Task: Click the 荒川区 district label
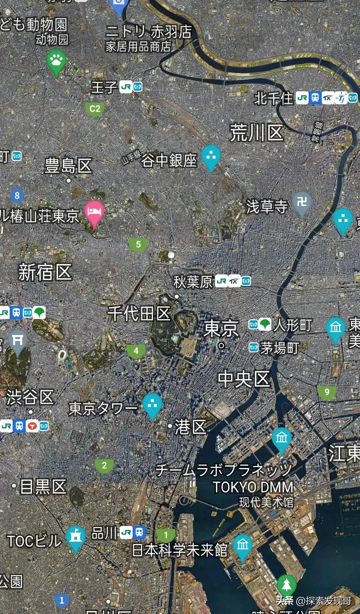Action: [257, 133]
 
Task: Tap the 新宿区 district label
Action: [45, 272]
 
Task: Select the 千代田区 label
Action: [139, 313]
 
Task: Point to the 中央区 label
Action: [244, 379]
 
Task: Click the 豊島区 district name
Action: [68, 166]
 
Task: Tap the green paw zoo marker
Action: [56, 61]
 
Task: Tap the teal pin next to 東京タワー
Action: [152, 404]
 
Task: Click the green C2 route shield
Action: [95, 109]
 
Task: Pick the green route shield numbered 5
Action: [138, 245]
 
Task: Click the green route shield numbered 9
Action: [327, 392]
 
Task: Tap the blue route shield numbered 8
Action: [17, 195]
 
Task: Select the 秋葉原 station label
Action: [193, 282]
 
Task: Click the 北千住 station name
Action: [273, 98]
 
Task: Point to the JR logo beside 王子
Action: [126, 87]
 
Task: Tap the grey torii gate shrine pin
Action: [17, 341]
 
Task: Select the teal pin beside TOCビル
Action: [76, 537]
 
